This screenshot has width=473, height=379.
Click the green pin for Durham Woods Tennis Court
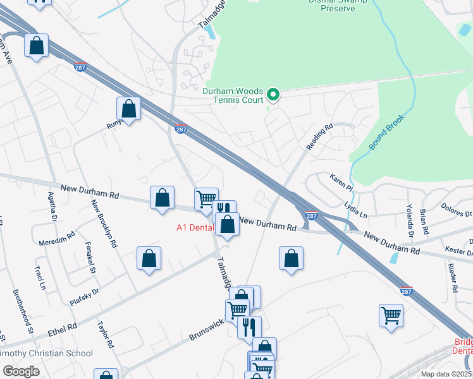273,95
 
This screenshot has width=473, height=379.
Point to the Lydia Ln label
355,210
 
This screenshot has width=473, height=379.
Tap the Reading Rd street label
319,138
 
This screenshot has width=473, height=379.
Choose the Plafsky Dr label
85,298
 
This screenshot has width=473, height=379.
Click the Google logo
21,371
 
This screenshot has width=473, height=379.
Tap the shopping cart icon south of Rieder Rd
391,315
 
